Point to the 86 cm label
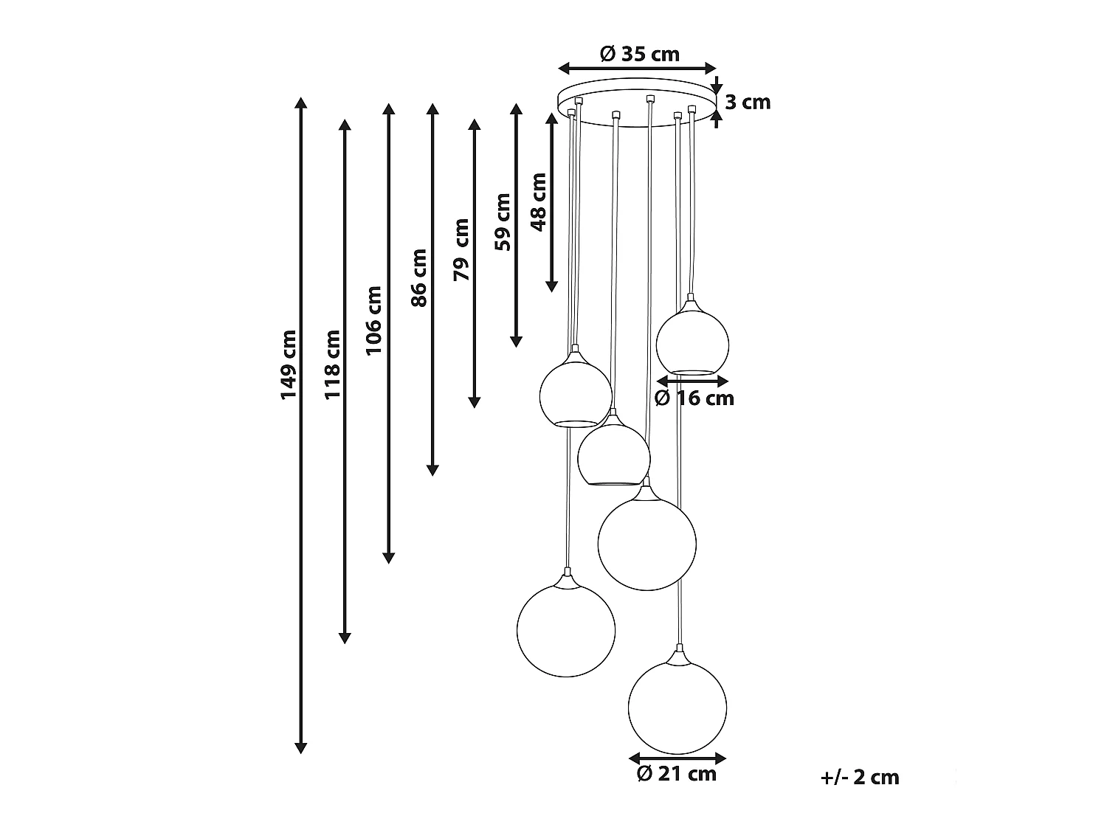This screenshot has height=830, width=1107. coord(418,277)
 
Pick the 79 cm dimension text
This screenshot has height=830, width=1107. coord(461,249)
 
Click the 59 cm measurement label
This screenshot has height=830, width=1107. coord(503,222)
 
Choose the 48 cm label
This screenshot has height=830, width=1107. coord(539,201)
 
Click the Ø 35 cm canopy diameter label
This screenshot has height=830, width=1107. coord(639,54)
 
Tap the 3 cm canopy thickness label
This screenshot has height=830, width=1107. coord(747,103)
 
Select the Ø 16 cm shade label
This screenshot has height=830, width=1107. coord(694,398)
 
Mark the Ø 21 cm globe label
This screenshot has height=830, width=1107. coord(676,774)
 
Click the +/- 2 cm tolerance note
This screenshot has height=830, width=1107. coord(860,777)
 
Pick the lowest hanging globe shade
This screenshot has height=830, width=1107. coord(677,706)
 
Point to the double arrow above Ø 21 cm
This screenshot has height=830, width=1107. coord(677,758)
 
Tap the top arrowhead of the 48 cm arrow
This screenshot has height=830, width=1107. coord(551,119)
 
